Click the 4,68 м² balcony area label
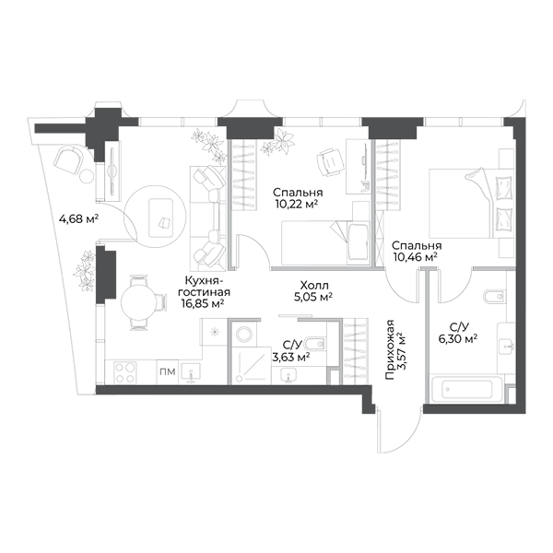pyautogui.click(x=78, y=219)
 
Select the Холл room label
pyautogui.click(x=314, y=285)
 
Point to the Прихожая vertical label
pyautogui.click(x=390, y=350)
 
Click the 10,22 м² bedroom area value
pyautogui.click(x=296, y=204)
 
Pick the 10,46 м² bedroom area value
pyautogui.click(x=416, y=256)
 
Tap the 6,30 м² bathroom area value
pyautogui.click(x=458, y=339)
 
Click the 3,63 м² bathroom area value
pyautogui.click(x=291, y=358)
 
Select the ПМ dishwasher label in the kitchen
pyautogui.click(x=168, y=371)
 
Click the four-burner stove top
pyautogui.click(x=125, y=372)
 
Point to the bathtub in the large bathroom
pyautogui.click(x=465, y=389)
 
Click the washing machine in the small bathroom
pyautogui.click(x=243, y=333)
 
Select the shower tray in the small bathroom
pyautogui.click(x=252, y=365)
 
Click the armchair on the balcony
pyautogui.click(x=69, y=159)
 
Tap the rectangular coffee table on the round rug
pyautogui.click(x=160, y=218)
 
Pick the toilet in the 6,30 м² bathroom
pyautogui.click(x=494, y=297)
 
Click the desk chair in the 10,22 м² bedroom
pyautogui.click(x=331, y=162)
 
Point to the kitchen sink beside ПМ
pyautogui.click(x=191, y=373)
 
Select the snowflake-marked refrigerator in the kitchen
pyautogui.click(x=214, y=332)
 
